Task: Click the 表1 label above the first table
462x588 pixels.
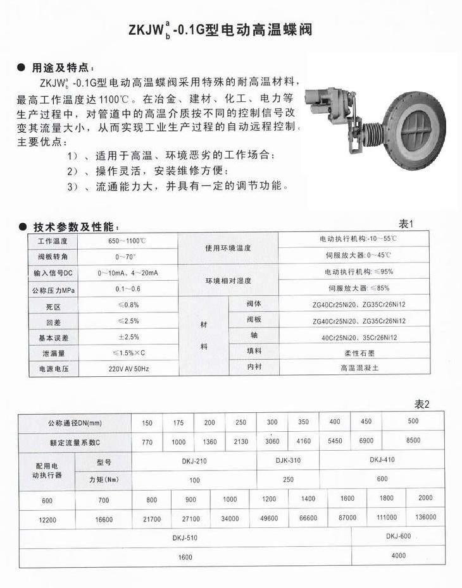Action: [406, 223]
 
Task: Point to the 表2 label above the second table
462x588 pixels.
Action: [421, 405]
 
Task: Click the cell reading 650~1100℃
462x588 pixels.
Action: [127, 242]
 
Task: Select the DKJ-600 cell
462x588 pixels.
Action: [398, 536]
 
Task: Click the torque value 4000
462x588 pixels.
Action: [398, 556]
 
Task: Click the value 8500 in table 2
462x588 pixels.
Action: [413, 441]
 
